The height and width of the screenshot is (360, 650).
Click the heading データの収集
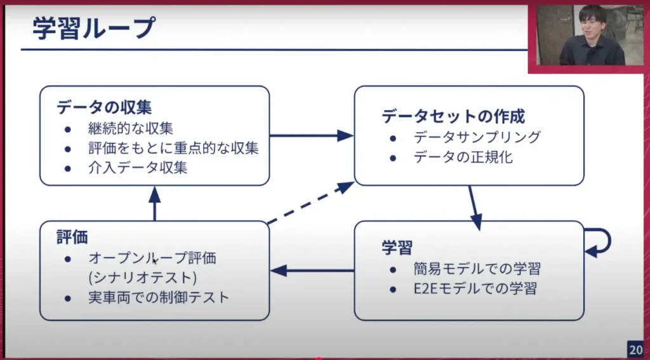point(104,107)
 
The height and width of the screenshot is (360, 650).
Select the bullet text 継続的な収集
point(131,128)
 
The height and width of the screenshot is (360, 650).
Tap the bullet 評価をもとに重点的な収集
point(173,149)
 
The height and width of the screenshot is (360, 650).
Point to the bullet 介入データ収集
point(138,168)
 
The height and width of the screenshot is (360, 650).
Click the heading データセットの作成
point(453,116)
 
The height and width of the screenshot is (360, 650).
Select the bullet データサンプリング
point(477,137)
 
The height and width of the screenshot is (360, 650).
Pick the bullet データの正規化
point(463,157)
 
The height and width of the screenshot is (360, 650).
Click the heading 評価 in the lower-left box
point(72,237)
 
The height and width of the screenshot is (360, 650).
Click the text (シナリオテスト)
point(142,277)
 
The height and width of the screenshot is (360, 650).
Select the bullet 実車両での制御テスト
point(159,297)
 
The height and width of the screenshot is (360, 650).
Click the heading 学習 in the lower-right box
point(397,247)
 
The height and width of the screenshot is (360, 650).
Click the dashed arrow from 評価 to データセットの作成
point(310,203)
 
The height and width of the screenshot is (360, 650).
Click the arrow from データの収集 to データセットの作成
point(311,135)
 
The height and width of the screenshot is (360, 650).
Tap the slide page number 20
point(636,349)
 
